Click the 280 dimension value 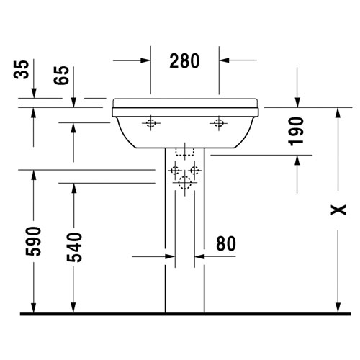(x=184, y=60)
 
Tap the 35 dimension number (x=21, y=70)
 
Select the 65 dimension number (x=61, y=75)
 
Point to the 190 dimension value (x=296, y=131)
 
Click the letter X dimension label (x=338, y=210)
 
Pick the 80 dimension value (x=226, y=243)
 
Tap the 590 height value (x=33, y=241)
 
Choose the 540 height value (x=74, y=247)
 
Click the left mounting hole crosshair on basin (x=150, y=123)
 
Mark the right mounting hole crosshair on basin (x=218, y=123)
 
